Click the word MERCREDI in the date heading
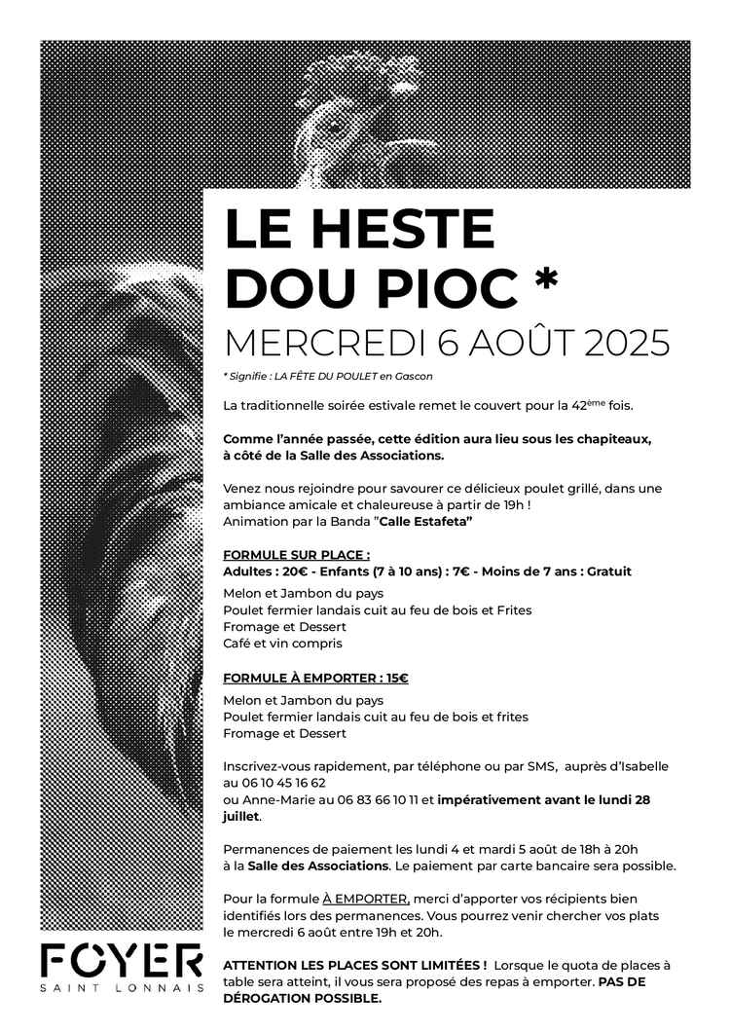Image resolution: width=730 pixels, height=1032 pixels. pyautogui.click(x=310, y=342)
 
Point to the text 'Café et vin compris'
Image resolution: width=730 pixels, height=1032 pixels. pyautogui.click(x=282, y=644)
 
